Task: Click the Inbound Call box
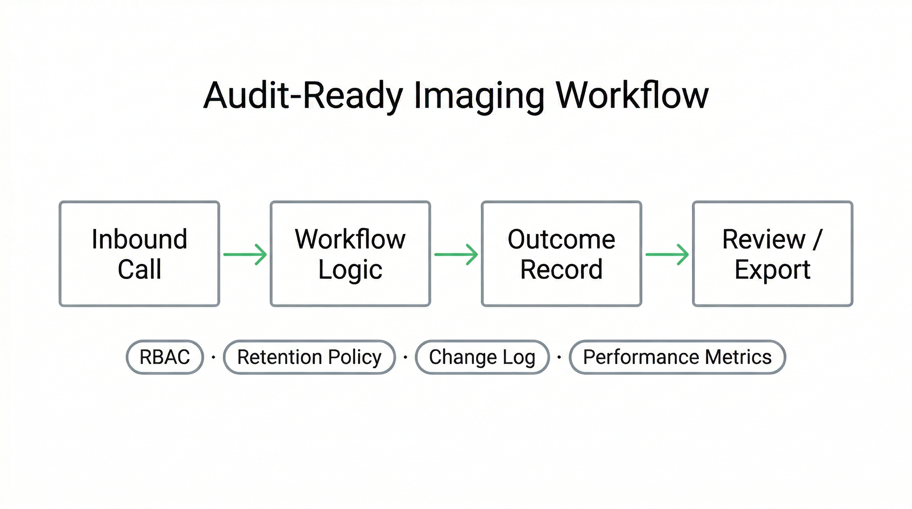point(140,254)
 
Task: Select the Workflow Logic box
point(351,254)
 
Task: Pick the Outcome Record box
point(561,254)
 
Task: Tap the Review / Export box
point(772,254)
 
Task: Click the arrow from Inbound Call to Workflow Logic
point(245,254)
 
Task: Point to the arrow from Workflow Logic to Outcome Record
point(456,254)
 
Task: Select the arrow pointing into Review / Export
point(667,254)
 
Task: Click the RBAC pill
point(165,357)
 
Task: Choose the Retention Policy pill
point(310,357)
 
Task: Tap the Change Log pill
point(482,357)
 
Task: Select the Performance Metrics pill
point(677,357)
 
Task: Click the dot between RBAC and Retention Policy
point(213,357)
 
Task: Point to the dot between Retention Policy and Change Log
point(405,357)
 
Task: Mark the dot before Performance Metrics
point(559,357)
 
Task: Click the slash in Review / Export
point(817,240)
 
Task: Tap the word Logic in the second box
point(351,270)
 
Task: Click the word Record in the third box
point(561,270)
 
